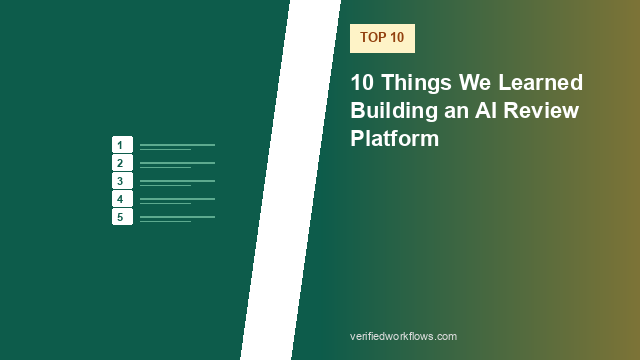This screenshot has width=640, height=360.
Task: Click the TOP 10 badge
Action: [382, 38]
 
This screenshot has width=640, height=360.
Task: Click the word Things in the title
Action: [417, 83]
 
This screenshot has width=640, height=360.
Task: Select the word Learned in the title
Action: [540, 82]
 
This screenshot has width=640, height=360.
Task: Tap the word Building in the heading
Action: [394, 111]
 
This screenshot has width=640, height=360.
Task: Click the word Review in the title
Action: [541, 110]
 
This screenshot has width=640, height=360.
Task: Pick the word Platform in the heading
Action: [394, 138]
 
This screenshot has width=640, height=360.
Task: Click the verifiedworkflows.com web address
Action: [403, 336]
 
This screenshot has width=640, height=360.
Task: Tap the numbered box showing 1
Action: [122, 144]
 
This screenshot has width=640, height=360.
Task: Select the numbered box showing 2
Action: [122, 162]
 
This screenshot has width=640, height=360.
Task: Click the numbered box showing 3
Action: [122, 180]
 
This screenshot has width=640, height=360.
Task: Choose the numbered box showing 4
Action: [122, 199]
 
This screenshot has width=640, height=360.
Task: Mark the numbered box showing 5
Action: [122, 217]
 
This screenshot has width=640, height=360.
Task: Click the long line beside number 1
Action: [178, 145]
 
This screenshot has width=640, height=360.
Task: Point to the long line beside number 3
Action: [178, 181]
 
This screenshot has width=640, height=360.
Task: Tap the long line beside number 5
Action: [178, 217]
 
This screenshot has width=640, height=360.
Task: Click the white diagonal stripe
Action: [291, 180]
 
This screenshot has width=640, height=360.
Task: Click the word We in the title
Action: [475, 82]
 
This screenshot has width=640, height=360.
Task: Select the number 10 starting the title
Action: [362, 82]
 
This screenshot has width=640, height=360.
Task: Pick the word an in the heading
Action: [456, 111]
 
